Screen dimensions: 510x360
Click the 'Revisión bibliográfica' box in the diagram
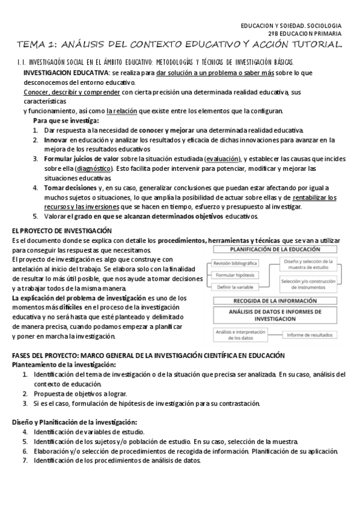pyautogui.click(x=236, y=263)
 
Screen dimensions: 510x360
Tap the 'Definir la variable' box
pyautogui.click(x=236, y=287)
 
